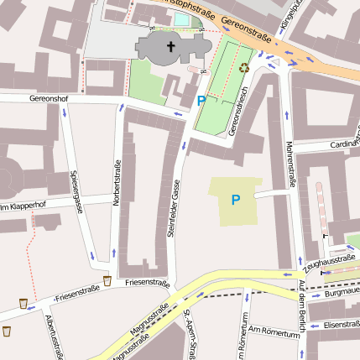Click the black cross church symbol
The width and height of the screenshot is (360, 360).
[x=170, y=47]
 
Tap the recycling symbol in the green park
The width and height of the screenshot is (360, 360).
[x=244, y=69]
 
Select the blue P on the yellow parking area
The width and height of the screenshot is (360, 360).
[x=235, y=200]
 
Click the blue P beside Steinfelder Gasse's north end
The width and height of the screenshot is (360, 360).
[x=201, y=101]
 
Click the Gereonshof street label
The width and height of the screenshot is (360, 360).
[x=48, y=97]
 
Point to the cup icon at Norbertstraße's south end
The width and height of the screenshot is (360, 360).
[x=107, y=280]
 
